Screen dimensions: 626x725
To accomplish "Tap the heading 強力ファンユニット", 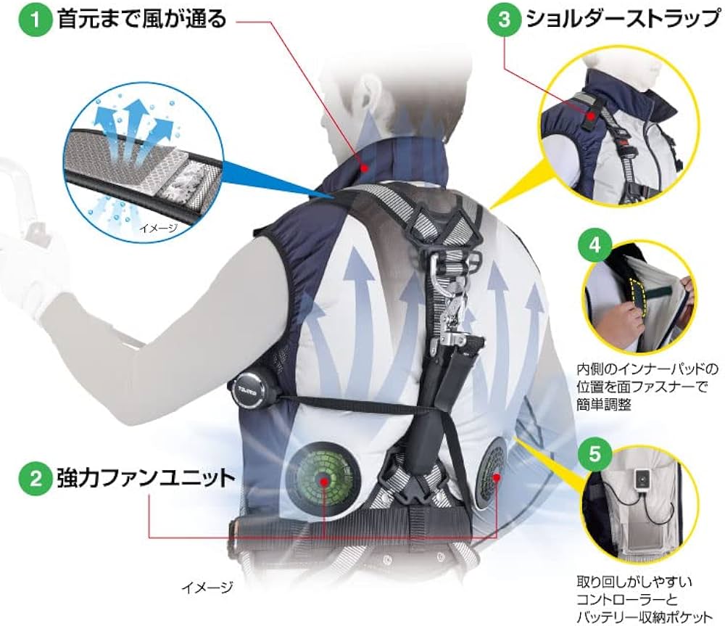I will pos(144,478).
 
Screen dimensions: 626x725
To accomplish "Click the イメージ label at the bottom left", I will pos(208,586).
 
